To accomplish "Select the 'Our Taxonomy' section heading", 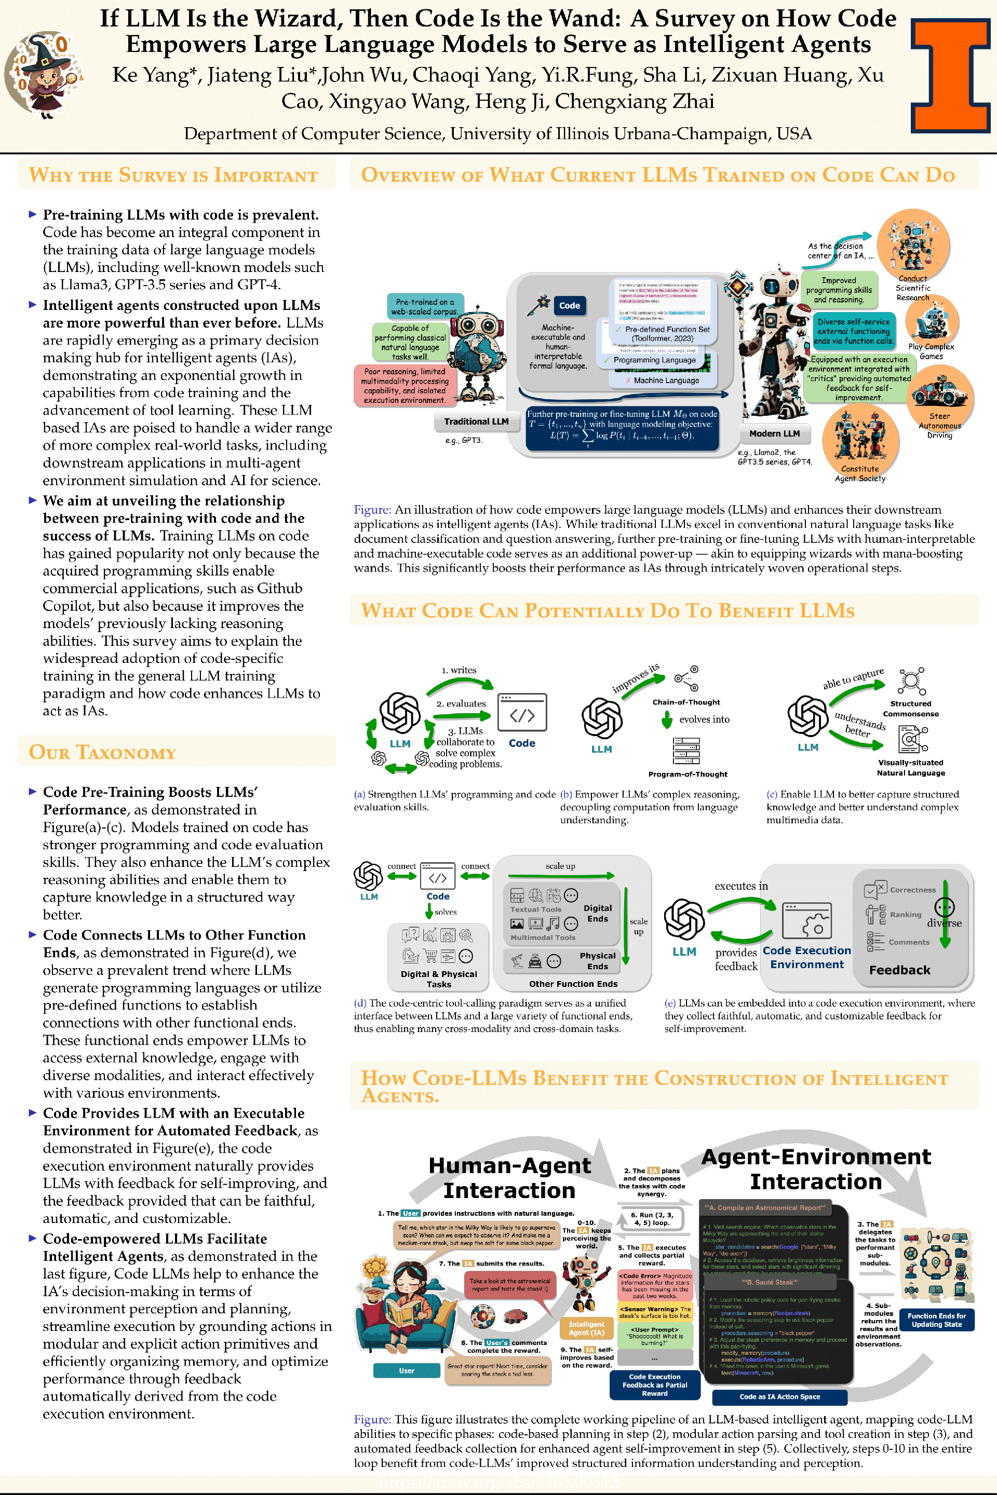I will pos(102,752).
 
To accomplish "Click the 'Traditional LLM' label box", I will pos(476,422).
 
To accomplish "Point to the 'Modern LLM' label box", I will pos(774,433).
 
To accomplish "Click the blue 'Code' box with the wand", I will pos(569,306).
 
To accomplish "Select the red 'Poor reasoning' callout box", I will pos(405,386).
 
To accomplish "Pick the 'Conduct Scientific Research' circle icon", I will pos(913,244).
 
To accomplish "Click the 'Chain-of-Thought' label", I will pos(686,702).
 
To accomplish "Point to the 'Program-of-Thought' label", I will pos(688,774).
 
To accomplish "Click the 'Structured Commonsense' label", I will pos(910,709).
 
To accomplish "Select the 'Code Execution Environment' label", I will pos(807,957).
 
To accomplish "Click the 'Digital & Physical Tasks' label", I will pos(439,979).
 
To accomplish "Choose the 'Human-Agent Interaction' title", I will pos(509,1178).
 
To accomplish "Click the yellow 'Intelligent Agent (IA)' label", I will pos(586,1328).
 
